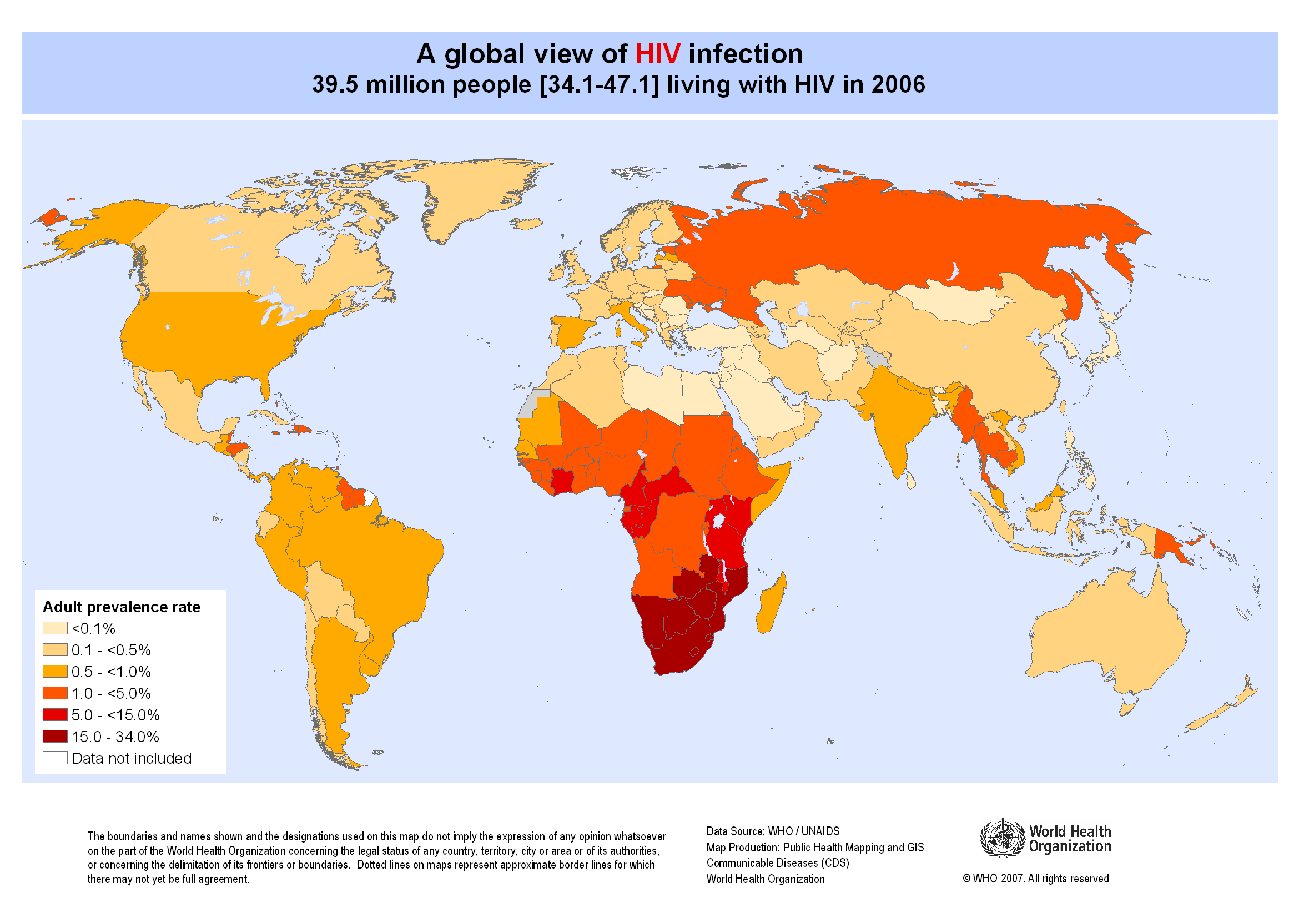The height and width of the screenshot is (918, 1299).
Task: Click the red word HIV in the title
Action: [657, 54]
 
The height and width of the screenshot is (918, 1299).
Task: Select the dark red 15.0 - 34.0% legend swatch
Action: [55, 737]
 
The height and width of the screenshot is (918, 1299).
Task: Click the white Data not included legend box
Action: [55, 758]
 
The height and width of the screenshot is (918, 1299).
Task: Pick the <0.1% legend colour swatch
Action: [55, 628]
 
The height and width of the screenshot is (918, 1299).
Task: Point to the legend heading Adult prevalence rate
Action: [122, 607]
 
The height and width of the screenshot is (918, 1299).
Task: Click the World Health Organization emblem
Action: [1002, 838]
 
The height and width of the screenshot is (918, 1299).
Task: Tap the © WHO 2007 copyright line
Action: [1035, 879]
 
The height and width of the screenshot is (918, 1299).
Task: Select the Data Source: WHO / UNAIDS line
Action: [773, 831]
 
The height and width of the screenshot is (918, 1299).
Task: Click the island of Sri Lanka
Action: [911, 481]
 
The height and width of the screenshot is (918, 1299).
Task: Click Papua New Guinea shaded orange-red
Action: [1169, 543]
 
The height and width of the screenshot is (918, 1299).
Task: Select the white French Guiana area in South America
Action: [369, 498]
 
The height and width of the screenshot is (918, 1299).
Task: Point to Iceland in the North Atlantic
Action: [526, 225]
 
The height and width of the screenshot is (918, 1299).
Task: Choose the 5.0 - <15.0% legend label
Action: [115, 715]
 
